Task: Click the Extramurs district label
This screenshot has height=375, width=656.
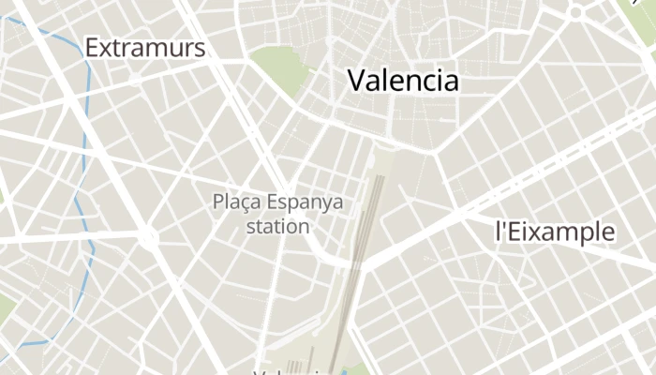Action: point(144,48)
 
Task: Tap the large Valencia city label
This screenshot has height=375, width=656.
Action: point(403,81)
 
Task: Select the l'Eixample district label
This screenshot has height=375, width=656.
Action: point(555,232)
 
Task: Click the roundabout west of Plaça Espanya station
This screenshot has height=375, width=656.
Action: point(148,238)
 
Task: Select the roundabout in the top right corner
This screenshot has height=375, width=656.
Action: point(574,13)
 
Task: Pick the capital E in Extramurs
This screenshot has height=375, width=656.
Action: point(92,48)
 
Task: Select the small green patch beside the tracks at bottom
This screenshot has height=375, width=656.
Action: point(359,368)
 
